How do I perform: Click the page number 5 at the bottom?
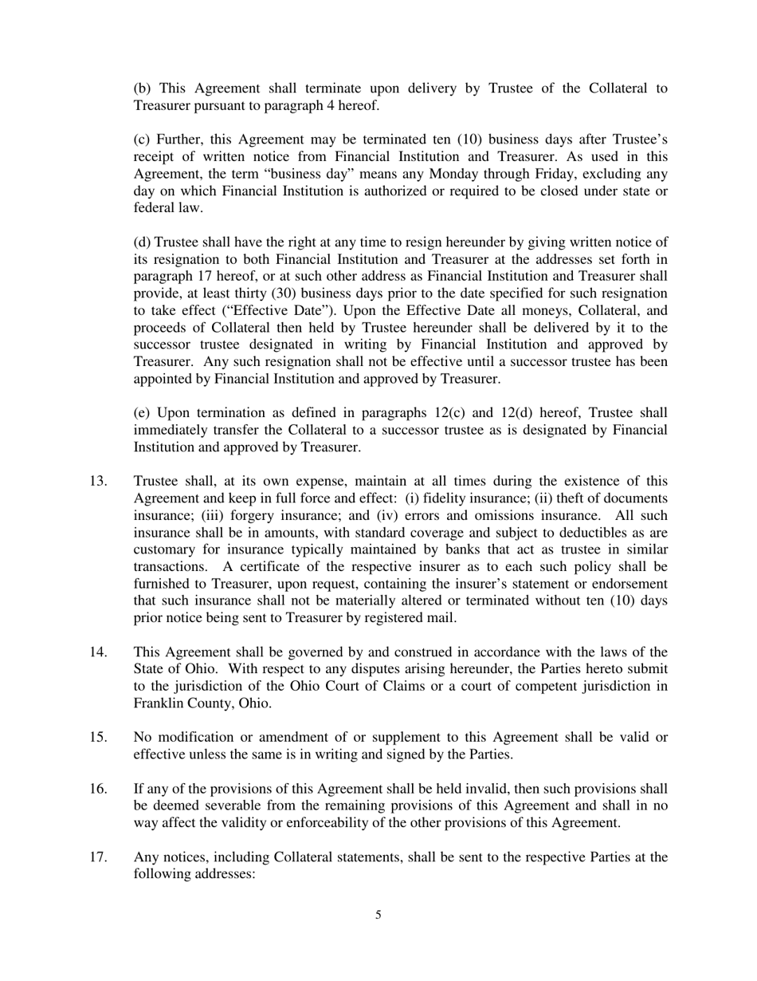click(378, 915)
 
